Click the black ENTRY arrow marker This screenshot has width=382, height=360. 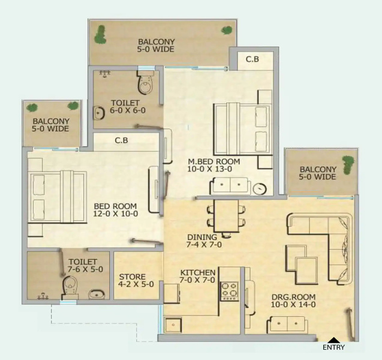click(334, 340)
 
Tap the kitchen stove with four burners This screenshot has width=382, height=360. click(229, 291)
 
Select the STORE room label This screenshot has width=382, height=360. click(133, 277)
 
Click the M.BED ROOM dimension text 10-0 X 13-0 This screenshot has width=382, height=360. click(209, 169)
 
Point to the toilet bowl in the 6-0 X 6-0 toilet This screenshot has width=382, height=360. click(146, 83)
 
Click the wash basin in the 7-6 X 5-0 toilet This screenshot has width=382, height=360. click(97, 294)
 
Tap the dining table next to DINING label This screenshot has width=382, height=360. click(226, 216)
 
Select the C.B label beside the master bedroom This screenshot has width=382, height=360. click(252, 59)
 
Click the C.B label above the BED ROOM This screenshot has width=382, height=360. click(121, 140)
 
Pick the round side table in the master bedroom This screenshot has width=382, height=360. click(260, 188)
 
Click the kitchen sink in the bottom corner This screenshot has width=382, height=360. click(173, 325)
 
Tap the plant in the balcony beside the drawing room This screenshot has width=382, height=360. click(348, 165)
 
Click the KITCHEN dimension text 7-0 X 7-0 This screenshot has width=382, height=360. click(197, 280)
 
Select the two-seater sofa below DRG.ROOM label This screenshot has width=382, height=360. click(287, 325)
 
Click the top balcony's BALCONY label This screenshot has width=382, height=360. click(156, 41)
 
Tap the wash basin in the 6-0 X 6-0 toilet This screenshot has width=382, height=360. click(99, 113)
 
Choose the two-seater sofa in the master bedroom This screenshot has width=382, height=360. click(230, 186)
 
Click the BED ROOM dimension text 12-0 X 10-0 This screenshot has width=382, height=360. click(116, 214)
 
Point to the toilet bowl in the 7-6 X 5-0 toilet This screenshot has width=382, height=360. click(70, 287)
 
